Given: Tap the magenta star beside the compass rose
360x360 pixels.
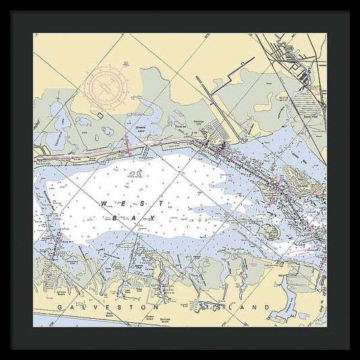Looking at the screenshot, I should point(125,65).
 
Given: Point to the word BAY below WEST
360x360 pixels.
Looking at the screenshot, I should point(136,217).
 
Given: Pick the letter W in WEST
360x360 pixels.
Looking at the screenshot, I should point(103,203).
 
